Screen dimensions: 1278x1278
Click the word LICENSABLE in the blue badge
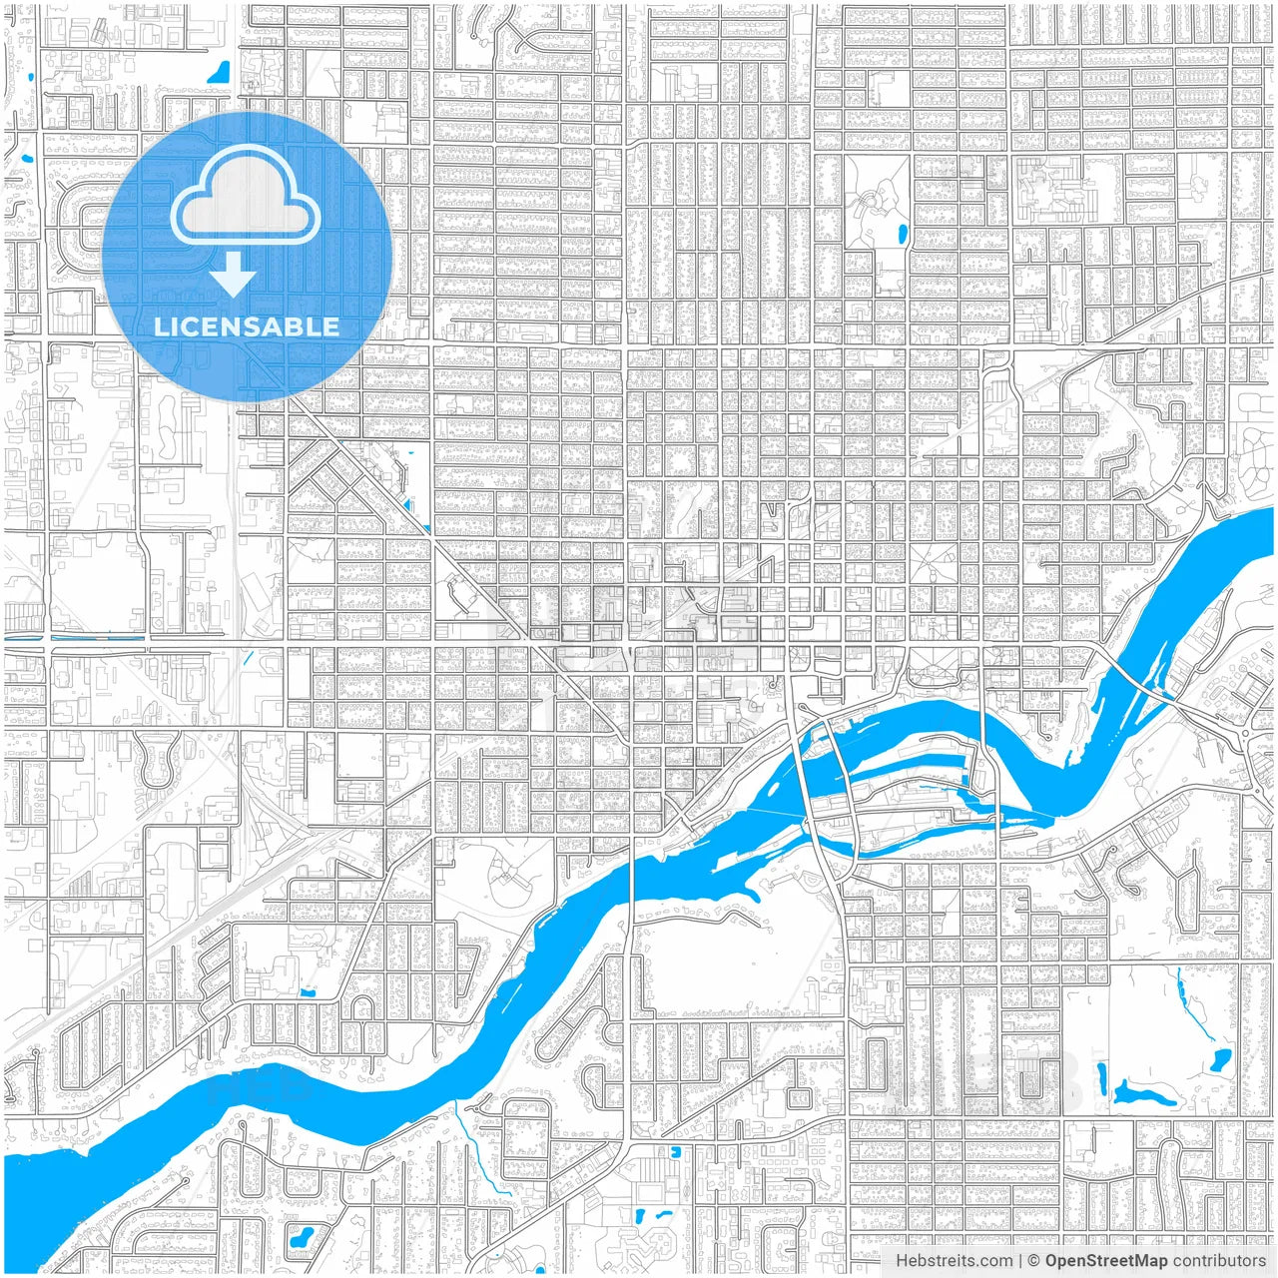[246, 326]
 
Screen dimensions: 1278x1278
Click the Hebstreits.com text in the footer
[954, 1261]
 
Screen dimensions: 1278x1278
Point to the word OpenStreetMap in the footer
[1105, 1261]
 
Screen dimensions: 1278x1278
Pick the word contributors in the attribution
[1219, 1261]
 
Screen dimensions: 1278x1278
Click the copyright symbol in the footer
[1034, 1261]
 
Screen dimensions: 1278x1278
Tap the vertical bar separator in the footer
[1019, 1261]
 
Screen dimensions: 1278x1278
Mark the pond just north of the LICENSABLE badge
[218, 72]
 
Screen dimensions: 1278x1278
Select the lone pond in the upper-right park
[903, 236]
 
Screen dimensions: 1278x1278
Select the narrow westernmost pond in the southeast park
[1100, 1078]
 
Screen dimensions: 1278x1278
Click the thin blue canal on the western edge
[75, 637]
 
